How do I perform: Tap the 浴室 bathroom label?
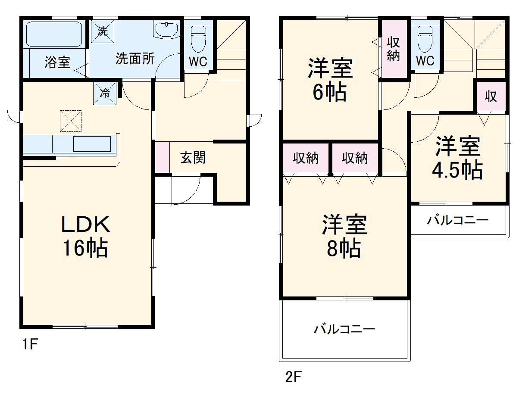click(57, 63)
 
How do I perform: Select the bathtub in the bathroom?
click(55, 34)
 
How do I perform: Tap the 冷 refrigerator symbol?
click(105, 93)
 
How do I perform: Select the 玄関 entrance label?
click(193, 158)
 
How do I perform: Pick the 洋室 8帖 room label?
click(344, 237)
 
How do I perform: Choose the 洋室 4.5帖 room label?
click(457, 158)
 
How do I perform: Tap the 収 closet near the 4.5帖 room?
click(491, 97)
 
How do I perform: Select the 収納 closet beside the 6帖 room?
click(394, 49)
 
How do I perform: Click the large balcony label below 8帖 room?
click(344, 330)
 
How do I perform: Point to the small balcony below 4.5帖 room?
click(458, 221)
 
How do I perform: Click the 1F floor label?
click(31, 345)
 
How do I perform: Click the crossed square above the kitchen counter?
click(71, 121)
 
